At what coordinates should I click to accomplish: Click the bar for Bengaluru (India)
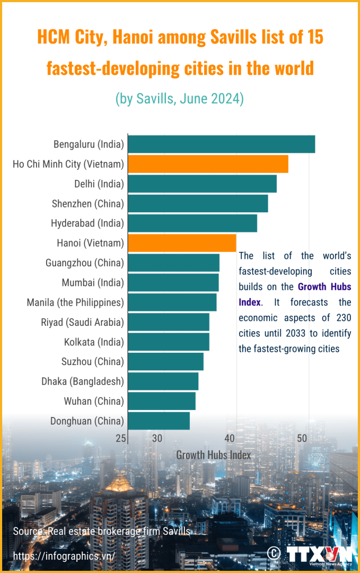click(x=222, y=144)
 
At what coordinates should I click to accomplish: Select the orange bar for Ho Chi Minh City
click(x=208, y=164)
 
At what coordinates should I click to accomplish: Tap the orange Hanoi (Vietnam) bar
click(x=182, y=243)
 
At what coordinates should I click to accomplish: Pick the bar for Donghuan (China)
click(x=159, y=421)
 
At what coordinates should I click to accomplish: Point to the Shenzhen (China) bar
click(x=198, y=204)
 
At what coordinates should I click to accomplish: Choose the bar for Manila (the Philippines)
click(x=172, y=302)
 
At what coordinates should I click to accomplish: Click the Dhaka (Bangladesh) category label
click(x=83, y=381)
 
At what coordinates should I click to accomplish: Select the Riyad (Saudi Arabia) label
click(x=82, y=322)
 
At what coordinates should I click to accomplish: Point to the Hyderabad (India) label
click(x=87, y=223)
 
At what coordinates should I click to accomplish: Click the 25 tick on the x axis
click(x=121, y=438)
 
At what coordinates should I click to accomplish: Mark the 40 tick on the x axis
click(x=230, y=438)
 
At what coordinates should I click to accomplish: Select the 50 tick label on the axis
click(x=302, y=438)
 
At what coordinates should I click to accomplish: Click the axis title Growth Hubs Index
click(x=213, y=455)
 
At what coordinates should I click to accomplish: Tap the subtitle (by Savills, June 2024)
click(x=180, y=99)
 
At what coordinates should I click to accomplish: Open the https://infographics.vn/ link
click(x=63, y=555)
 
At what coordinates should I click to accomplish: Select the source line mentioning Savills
click(x=101, y=531)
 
